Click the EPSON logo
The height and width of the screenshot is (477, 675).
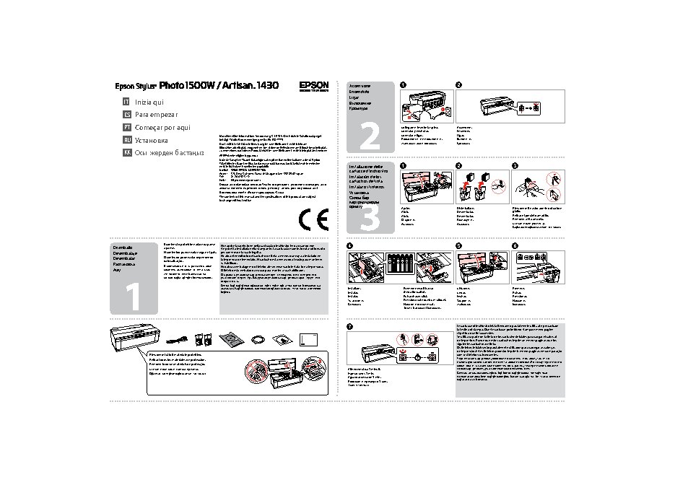coord(314,85)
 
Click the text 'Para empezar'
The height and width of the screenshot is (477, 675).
coord(156,114)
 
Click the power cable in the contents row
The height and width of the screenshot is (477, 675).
coord(176,339)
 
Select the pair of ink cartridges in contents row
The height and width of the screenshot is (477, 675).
coord(204,338)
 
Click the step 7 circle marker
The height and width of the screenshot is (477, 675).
coord(350,328)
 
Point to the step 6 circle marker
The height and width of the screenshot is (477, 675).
coord(514,246)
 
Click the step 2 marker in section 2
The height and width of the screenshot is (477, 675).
coord(459,86)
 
